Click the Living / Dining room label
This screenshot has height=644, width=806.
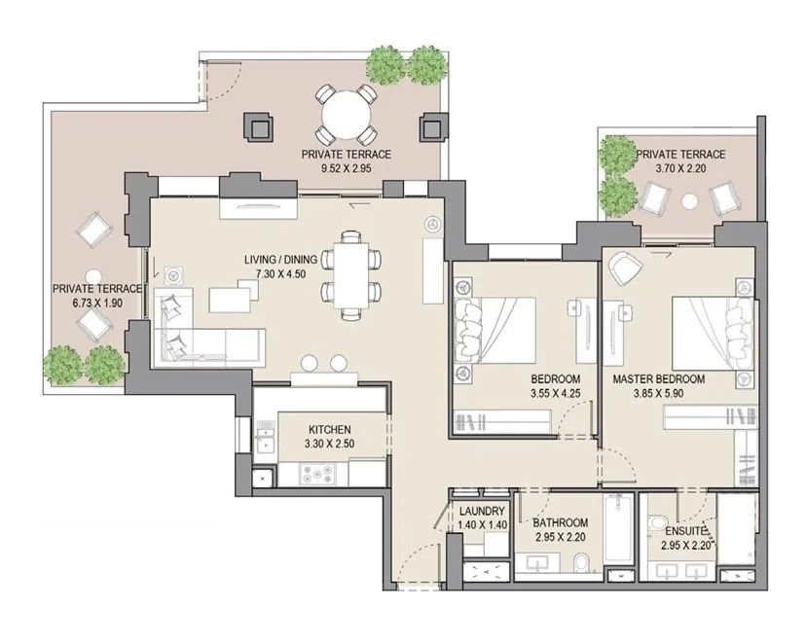280,260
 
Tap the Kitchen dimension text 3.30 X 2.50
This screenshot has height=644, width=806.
329,444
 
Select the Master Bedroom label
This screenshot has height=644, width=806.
658,379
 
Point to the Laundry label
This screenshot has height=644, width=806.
482,511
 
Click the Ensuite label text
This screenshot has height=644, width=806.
685,531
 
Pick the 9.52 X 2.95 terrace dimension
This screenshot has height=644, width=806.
346,168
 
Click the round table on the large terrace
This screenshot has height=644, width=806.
347,115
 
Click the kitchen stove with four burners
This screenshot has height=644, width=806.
317,474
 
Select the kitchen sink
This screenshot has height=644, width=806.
264,437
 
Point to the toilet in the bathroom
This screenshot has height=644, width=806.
582,562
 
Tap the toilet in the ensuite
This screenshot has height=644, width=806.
657,523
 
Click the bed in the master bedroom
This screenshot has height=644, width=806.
713,333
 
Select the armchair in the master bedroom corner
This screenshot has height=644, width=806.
625,268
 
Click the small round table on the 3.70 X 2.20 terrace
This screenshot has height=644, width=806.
689,200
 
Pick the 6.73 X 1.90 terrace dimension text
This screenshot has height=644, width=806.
97,303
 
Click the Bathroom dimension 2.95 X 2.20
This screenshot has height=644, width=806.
561,537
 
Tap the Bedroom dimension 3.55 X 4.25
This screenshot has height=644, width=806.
555,393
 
